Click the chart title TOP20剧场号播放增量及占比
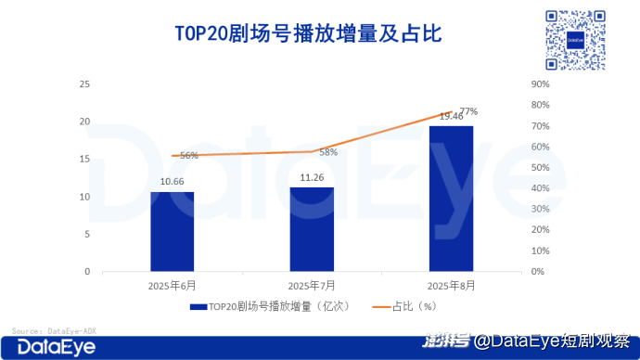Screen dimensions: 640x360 pyautogui.click(x=308, y=33)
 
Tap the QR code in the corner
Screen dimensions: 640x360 pyautogui.click(x=575, y=40)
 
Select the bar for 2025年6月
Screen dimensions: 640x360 pyautogui.click(x=173, y=231)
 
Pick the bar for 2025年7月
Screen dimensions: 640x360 pyautogui.click(x=312, y=229)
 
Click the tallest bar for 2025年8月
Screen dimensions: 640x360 pyautogui.click(x=452, y=199)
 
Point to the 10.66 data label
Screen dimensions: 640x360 pyautogui.click(x=172, y=181)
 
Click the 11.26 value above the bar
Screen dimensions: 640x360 pyautogui.click(x=312, y=177)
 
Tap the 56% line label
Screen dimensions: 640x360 pyautogui.click(x=189, y=156)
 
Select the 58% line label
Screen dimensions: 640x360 pyautogui.click(x=328, y=152)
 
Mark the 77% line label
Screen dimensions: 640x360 pyautogui.click(x=468, y=111)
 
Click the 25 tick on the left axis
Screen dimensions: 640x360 pyautogui.click(x=84, y=84)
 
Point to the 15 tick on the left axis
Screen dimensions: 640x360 pyautogui.click(x=84, y=160)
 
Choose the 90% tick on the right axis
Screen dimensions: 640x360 pyautogui.click(x=541, y=84)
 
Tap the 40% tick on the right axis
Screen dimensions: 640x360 pyautogui.click(x=541, y=188)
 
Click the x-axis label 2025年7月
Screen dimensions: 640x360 pyautogui.click(x=312, y=286)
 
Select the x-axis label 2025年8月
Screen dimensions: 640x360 pyautogui.click(x=451, y=286)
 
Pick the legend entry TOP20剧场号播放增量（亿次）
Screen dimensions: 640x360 pyautogui.click(x=270, y=306)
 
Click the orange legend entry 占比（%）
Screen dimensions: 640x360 pyautogui.click(x=404, y=306)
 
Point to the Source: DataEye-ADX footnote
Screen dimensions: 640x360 pyautogui.click(x=54, y=331)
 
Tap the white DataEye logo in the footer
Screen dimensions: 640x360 pyautogui.click(x=57, y=348)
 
